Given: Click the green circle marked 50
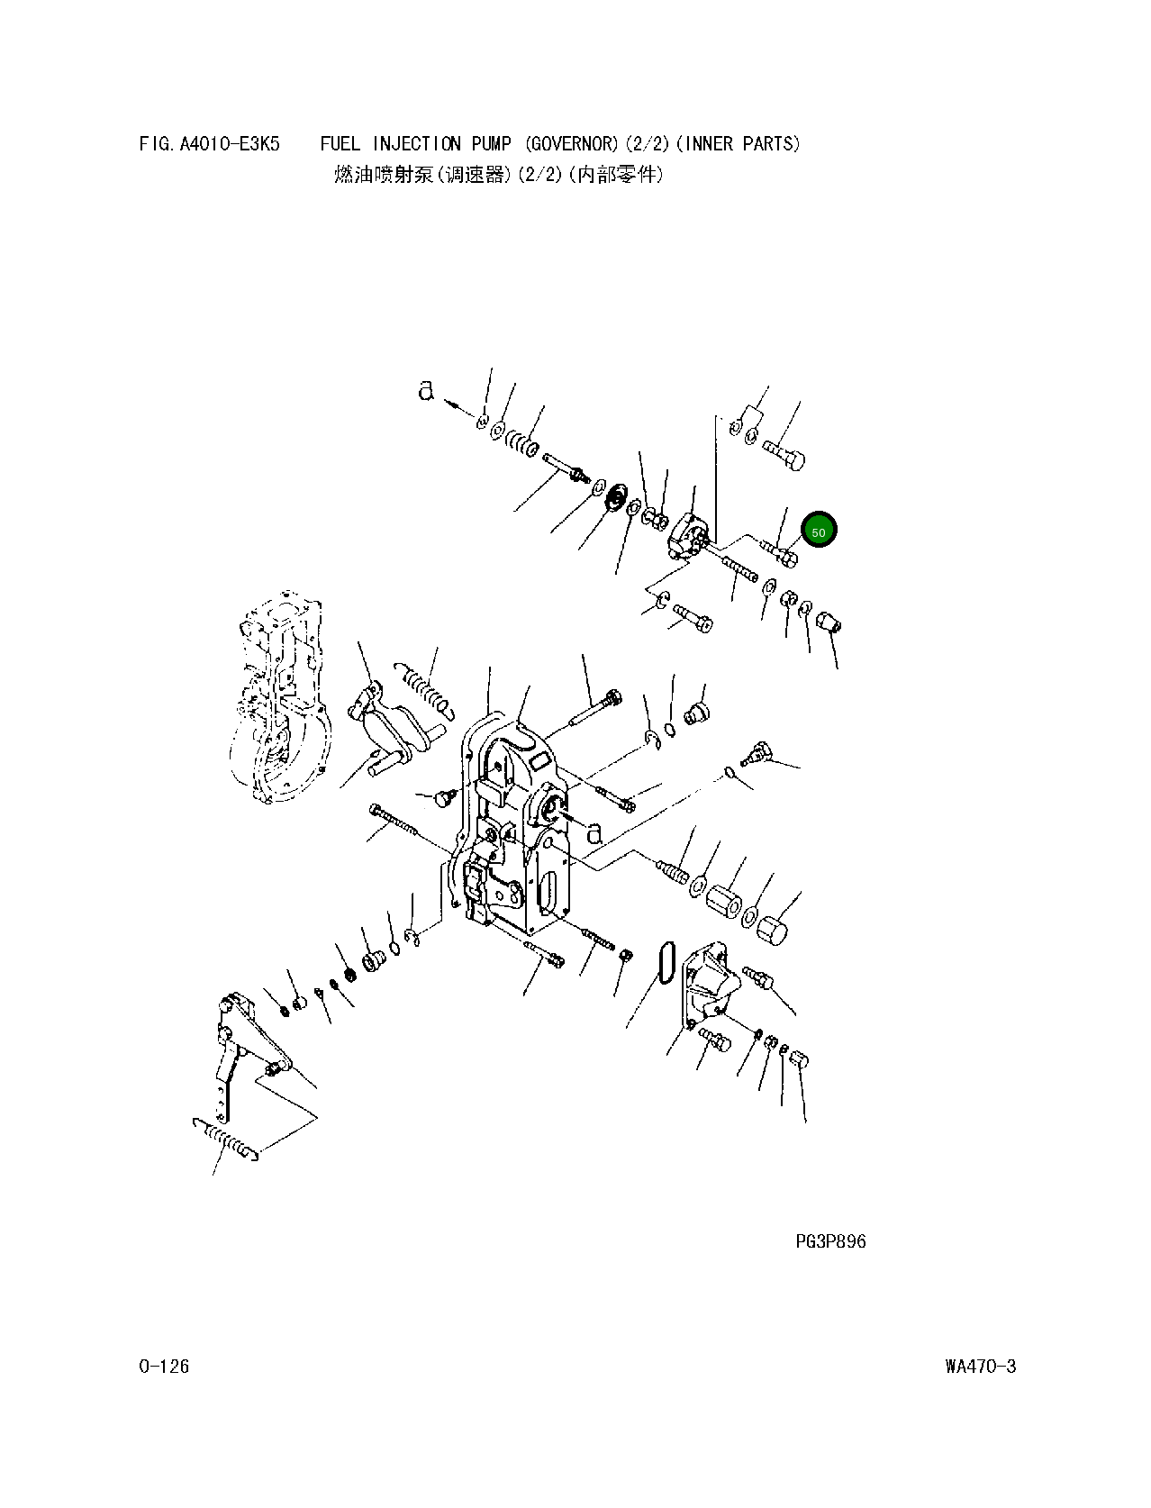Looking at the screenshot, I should coord(819,531).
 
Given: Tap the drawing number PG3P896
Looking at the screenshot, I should coord(829,1241).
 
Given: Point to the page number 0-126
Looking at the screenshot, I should coord(164,1367).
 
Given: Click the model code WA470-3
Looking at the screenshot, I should coord(980,1367).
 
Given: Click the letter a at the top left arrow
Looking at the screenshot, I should coord(426,390).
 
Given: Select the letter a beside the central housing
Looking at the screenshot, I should coord(594,832).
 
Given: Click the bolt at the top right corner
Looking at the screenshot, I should coord(784,453).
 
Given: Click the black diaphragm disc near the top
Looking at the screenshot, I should coord(616,497).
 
